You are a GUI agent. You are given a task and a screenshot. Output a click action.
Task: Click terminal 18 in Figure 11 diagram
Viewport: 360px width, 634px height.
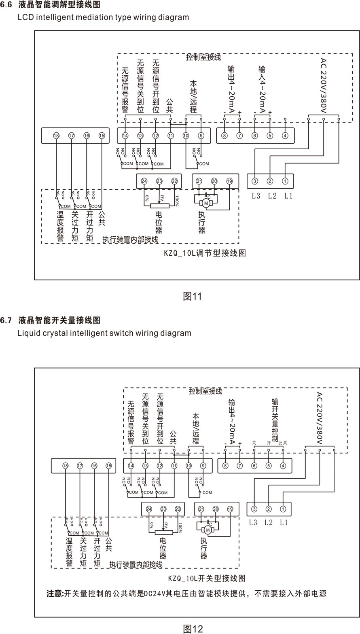[x=56, y=136]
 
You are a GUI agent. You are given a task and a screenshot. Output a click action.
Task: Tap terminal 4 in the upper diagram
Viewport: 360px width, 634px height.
[x=285, y=136]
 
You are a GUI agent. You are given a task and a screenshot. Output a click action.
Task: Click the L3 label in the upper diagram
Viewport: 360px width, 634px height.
[x=256, y=196]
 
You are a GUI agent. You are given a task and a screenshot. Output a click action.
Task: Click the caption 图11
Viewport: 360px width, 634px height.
[x=192, y=297]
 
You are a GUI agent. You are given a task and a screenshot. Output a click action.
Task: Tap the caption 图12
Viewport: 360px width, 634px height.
[x=193, y=628]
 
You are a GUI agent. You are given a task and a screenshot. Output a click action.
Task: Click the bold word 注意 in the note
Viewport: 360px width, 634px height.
[x=55, y=594]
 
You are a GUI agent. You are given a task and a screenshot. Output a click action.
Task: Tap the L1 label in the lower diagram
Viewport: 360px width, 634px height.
[x=284, y=522]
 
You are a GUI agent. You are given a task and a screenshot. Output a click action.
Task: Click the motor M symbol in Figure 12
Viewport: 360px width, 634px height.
[x=208, y=530]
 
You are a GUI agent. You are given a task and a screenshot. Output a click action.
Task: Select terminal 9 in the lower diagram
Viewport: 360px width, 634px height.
[x=203, y=466]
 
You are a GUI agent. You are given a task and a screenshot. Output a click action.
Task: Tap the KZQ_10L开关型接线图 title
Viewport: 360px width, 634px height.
[x=207, y=578]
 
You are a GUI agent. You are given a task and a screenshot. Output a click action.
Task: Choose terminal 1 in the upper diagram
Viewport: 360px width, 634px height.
[x=285, y=181]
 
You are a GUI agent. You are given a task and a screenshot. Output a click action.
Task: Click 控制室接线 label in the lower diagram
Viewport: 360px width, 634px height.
[x=205, y=392]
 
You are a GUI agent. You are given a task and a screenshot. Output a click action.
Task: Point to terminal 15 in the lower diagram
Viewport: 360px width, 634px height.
[x=108, y=466]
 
